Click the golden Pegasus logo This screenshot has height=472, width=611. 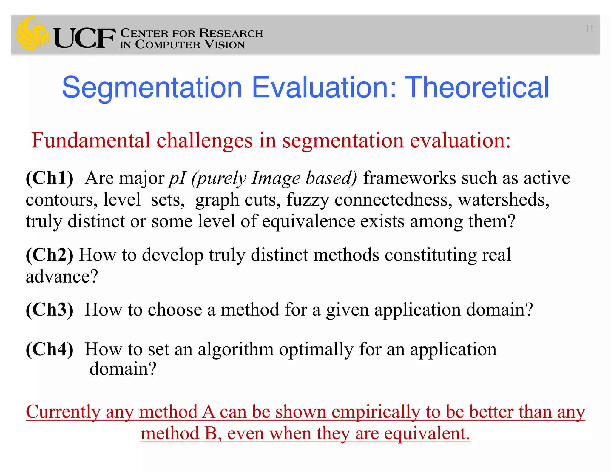click(x=32, y=33)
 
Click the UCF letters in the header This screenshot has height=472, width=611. click(x=84, y=38)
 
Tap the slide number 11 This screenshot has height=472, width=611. click(x=589, y=29)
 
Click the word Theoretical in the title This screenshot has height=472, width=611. click(x=478, y=87)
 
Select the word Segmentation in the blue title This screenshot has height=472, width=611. click(x=152, y=87)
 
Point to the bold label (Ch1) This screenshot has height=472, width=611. click(x=50, y=178)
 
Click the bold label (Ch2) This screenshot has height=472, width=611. click(x=50, y=255)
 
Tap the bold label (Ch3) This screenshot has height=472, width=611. click(x=50, y=310)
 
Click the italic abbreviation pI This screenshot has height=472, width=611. click(x=178, y=178)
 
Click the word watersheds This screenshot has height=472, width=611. click(x=504, y=200)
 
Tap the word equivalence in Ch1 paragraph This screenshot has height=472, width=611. click(x=308, y=221)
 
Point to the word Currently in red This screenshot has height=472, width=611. click(x=63, y=412)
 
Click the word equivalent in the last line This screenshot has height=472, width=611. click(x=427, y=434)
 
